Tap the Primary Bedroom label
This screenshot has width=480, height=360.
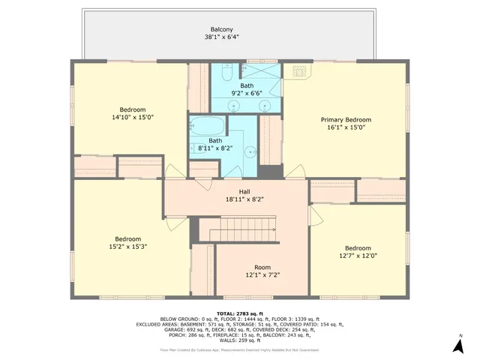point(346,120)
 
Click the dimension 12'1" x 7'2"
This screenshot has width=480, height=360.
point(262,276)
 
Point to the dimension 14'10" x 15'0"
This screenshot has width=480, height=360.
point(132,117)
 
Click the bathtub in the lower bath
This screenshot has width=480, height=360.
point(205,125)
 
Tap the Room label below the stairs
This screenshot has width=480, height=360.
point(262,268)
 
